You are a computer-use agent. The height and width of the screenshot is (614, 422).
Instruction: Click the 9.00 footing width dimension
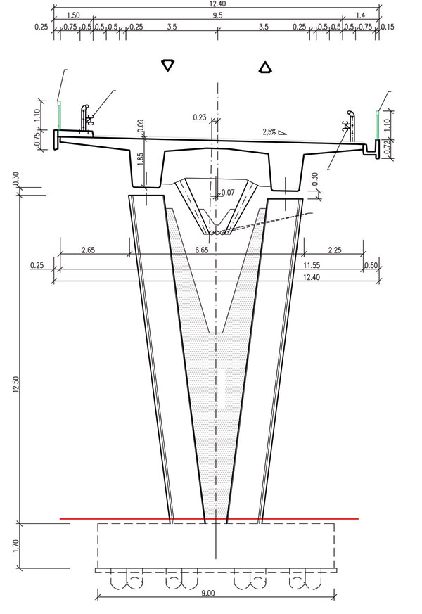(208, 593)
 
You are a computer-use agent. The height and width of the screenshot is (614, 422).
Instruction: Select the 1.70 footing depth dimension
(15, 546)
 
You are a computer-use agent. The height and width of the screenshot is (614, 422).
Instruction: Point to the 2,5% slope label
(269, 132)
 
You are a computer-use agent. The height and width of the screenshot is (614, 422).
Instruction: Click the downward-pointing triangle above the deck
(167, 65)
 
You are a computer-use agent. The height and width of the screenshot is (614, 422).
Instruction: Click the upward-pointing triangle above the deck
(265, 68)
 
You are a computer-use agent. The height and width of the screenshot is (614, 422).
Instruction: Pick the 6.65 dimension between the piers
(202, 250)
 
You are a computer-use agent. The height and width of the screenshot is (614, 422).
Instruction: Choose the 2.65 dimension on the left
(88, 250)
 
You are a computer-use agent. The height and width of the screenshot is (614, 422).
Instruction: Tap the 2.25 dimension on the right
(334, 250)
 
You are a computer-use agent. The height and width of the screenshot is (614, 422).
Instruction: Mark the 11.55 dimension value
(312, 265)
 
